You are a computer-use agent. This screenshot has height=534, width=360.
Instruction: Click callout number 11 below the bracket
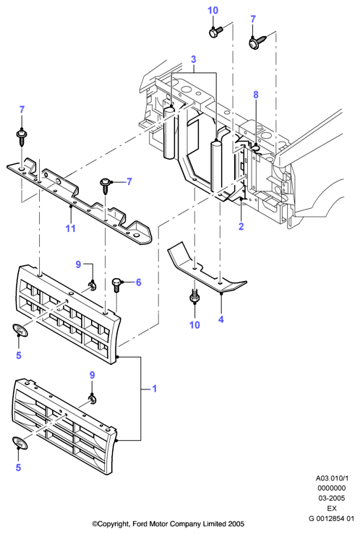click(71, 228)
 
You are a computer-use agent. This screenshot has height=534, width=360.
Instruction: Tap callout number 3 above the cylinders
click(194, 59)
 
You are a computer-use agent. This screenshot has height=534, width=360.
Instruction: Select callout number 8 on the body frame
click(256, 95)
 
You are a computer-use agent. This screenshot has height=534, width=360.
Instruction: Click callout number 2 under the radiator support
click(241, 225)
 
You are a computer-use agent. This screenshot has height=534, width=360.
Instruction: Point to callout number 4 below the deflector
click(221, 319)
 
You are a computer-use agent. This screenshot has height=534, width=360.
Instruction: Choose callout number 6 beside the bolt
click(138, 283)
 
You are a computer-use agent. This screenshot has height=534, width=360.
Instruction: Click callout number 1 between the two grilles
click(154, 388)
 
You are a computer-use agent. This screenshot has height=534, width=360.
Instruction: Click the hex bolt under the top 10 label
click(215, 33)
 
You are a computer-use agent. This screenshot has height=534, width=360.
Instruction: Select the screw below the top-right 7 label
click(257, 41)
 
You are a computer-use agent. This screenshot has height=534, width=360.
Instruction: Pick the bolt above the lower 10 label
click(194, 297)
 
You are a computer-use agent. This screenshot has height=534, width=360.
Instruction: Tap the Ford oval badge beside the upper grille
click(20, 330)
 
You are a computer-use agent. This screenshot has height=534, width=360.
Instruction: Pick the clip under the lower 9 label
click(92, 398)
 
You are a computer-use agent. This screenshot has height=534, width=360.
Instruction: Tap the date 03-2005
click(332, 499)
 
